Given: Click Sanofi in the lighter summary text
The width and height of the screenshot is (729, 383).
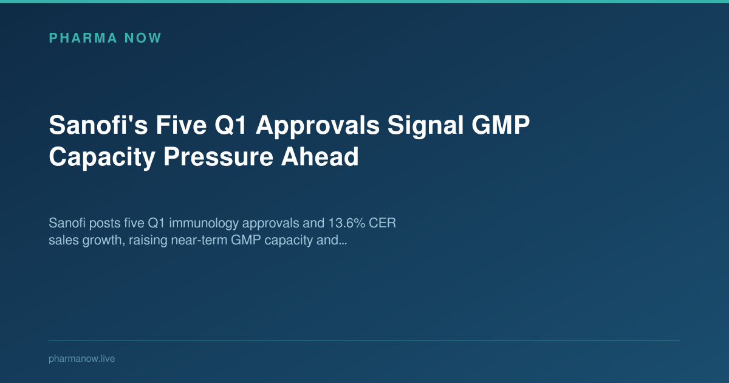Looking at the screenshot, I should pyautogui.click(x=67, y=224).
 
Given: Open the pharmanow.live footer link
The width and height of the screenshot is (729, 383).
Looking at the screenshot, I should pyautogui.click(x=81, y=359).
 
